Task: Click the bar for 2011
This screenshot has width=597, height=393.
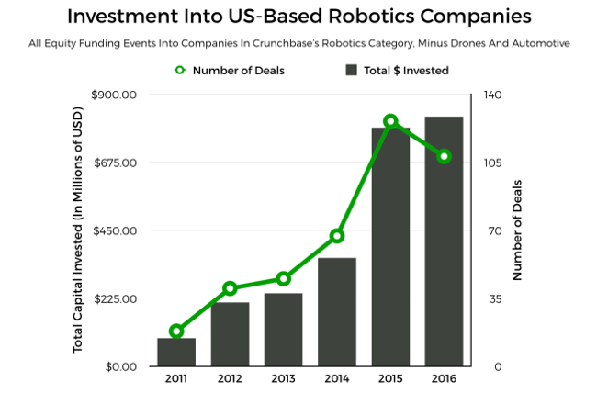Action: pyautogui.click(x=176, y=353)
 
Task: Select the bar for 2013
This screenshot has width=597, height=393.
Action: pyautogui.click(x=284, y=330)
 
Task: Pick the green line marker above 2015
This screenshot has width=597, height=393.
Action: pyautogui.click(x=390, y=121)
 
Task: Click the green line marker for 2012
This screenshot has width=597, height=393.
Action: pyautogui.click(x=230, y=288)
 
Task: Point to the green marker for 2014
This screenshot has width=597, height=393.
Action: pyautogui.click(x=337, y=236)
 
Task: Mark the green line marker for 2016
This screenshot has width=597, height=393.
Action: pyautogui.click(x=444, y=157)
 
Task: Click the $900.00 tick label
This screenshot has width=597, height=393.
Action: pyautogui.click(x=115, y=95)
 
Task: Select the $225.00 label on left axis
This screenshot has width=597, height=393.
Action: pyautogui.click(x=115, y=298)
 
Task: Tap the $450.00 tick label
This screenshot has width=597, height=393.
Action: pyautogui.click(x=115, y=230)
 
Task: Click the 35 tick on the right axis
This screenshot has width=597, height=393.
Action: pyautogui.click(x=490, y=298)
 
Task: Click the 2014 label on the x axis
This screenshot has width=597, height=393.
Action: pyautogui.click(x=337, y=378)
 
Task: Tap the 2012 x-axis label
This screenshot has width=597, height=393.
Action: pyautogui.click(x=230, y=378)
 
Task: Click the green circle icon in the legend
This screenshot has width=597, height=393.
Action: pyautogui.click(x=179, y=70)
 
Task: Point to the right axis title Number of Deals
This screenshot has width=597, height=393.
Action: pyautogui.click(x=517, y=229)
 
